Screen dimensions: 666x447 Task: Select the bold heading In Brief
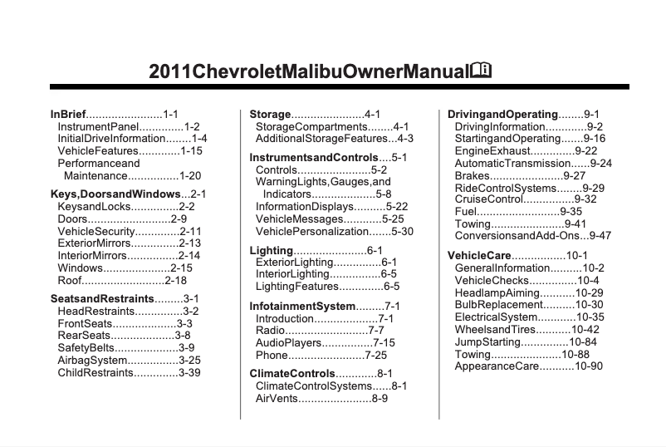[68, 114]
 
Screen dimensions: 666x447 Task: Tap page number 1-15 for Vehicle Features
[192, 151]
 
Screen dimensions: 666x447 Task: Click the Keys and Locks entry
[92, 206]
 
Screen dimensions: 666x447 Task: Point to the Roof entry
[70, 281]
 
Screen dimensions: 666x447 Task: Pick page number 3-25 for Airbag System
[190, 361]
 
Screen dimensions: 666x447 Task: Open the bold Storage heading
[270, 114]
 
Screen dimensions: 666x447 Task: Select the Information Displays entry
[308, 206]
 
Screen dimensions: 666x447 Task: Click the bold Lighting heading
[272, 250]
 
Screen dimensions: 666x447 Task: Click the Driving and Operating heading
[502, 114]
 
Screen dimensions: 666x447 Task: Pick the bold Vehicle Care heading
[478, 255]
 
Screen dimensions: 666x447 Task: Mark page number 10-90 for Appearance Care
[586, 367]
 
